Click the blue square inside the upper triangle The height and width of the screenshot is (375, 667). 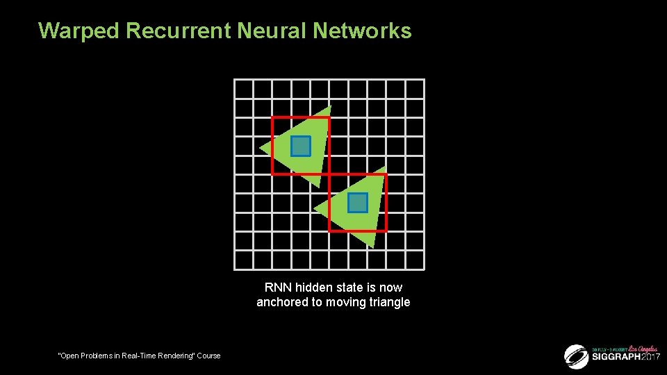(x=300, y=146)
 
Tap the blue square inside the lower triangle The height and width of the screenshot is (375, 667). (x=357, y=203)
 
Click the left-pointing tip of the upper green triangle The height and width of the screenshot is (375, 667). (x=261, y=149)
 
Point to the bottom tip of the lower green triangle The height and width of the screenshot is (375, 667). (x=374, y=247)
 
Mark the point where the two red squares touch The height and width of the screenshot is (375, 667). (x=329, y=174)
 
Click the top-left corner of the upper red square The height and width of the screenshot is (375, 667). (x=272, y=117)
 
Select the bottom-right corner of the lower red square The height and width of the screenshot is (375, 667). (x=386, y=231)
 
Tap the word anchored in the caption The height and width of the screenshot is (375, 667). (x=279, y=302)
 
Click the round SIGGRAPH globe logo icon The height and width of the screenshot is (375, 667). (x=576, y=356)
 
